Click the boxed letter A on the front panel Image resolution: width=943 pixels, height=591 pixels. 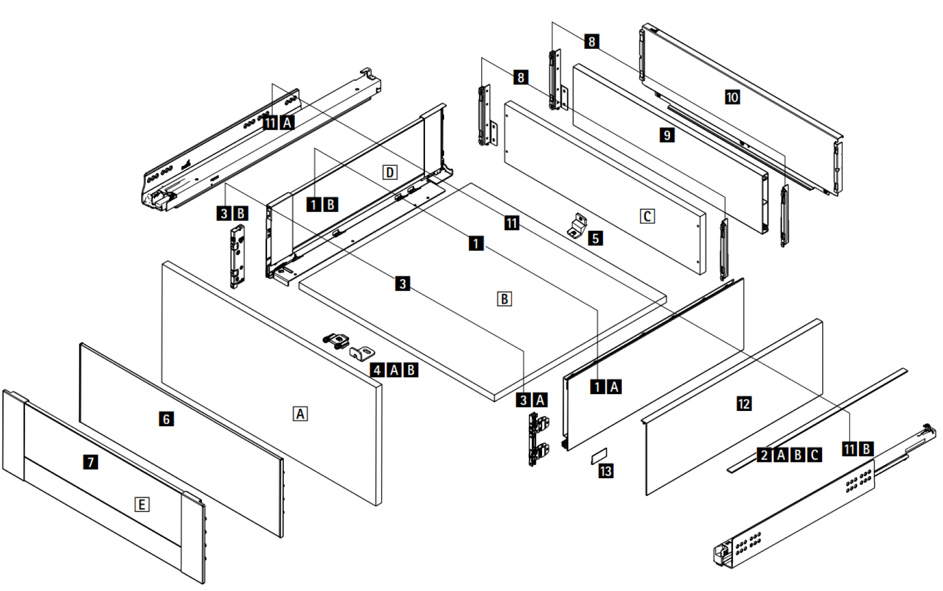pos(300,414)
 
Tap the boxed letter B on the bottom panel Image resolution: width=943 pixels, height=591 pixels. pos(504,299)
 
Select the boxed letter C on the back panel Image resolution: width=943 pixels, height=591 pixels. pos(647,216)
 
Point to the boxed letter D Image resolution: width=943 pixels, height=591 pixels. pos(389,172)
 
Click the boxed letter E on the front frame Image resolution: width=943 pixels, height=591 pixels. pos(142,504)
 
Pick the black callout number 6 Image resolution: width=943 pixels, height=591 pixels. pos(166,419)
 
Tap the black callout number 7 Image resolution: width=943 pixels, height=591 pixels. pos(91,462)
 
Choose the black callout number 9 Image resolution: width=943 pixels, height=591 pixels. pos(667,135)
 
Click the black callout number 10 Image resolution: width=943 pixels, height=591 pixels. pos(732,97)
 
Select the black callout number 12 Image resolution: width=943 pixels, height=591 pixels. pos(744,404)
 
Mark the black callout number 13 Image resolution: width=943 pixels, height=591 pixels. pos(606,471)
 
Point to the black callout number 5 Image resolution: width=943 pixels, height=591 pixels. pos(595,238)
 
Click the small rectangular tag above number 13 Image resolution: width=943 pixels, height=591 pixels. pos(599,455)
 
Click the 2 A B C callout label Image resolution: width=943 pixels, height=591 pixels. pos(790,455)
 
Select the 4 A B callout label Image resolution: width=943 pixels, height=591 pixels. pos(394,370)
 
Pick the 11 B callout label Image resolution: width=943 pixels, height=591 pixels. pos(858,449)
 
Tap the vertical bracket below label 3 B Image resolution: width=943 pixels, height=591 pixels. pos(237,255)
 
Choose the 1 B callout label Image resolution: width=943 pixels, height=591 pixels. pos(322,205)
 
